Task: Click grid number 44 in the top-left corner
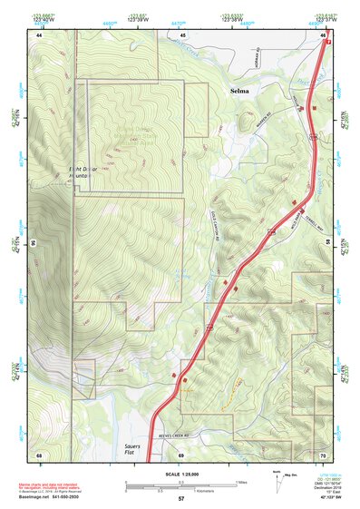(40, 34)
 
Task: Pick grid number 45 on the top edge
(182, 34)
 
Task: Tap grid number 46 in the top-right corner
(322, 34)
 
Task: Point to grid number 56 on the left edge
(34, 243)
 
